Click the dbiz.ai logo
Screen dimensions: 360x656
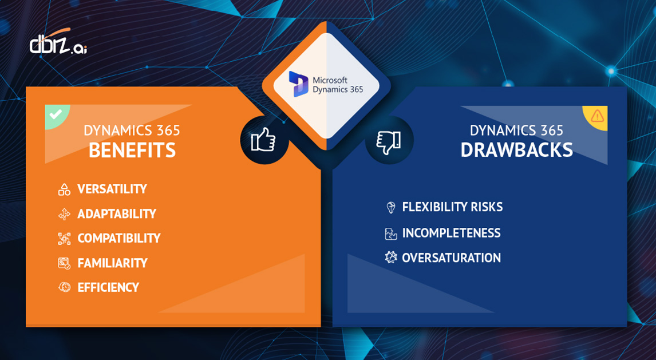point(57,43)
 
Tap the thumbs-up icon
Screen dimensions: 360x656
point(263,140)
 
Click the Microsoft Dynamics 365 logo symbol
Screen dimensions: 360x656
point(298,84)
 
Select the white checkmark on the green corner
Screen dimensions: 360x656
point(56,114)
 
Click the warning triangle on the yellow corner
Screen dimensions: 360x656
point(597,116)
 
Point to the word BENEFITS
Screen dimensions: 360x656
point(132,150)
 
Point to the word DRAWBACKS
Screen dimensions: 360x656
point(516,150)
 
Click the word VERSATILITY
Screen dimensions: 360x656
point(112,189)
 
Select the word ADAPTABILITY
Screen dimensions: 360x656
point(117,213)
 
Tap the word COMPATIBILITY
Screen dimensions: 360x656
point(119,238)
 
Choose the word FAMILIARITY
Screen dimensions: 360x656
point(113,263)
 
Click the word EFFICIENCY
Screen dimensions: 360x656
point(108,287)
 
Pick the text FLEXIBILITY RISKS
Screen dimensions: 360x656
point(452,207)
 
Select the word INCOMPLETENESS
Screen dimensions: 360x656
point(451,233)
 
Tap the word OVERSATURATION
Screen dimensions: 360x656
point(451,258)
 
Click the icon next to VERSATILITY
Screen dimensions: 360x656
point(64,189)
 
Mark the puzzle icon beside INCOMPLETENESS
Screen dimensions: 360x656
point(390,234)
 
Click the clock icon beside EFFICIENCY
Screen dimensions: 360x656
point(64,287)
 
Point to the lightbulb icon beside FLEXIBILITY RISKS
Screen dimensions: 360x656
point(391,207)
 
